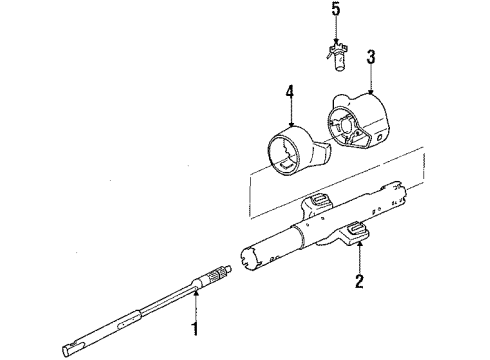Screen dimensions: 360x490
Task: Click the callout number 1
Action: [x=195, y=325]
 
